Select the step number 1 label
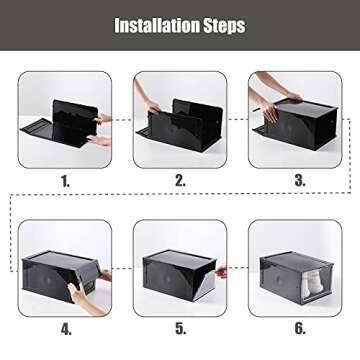[65, 181]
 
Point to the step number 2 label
[180, 181]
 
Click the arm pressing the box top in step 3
[275, 88]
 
